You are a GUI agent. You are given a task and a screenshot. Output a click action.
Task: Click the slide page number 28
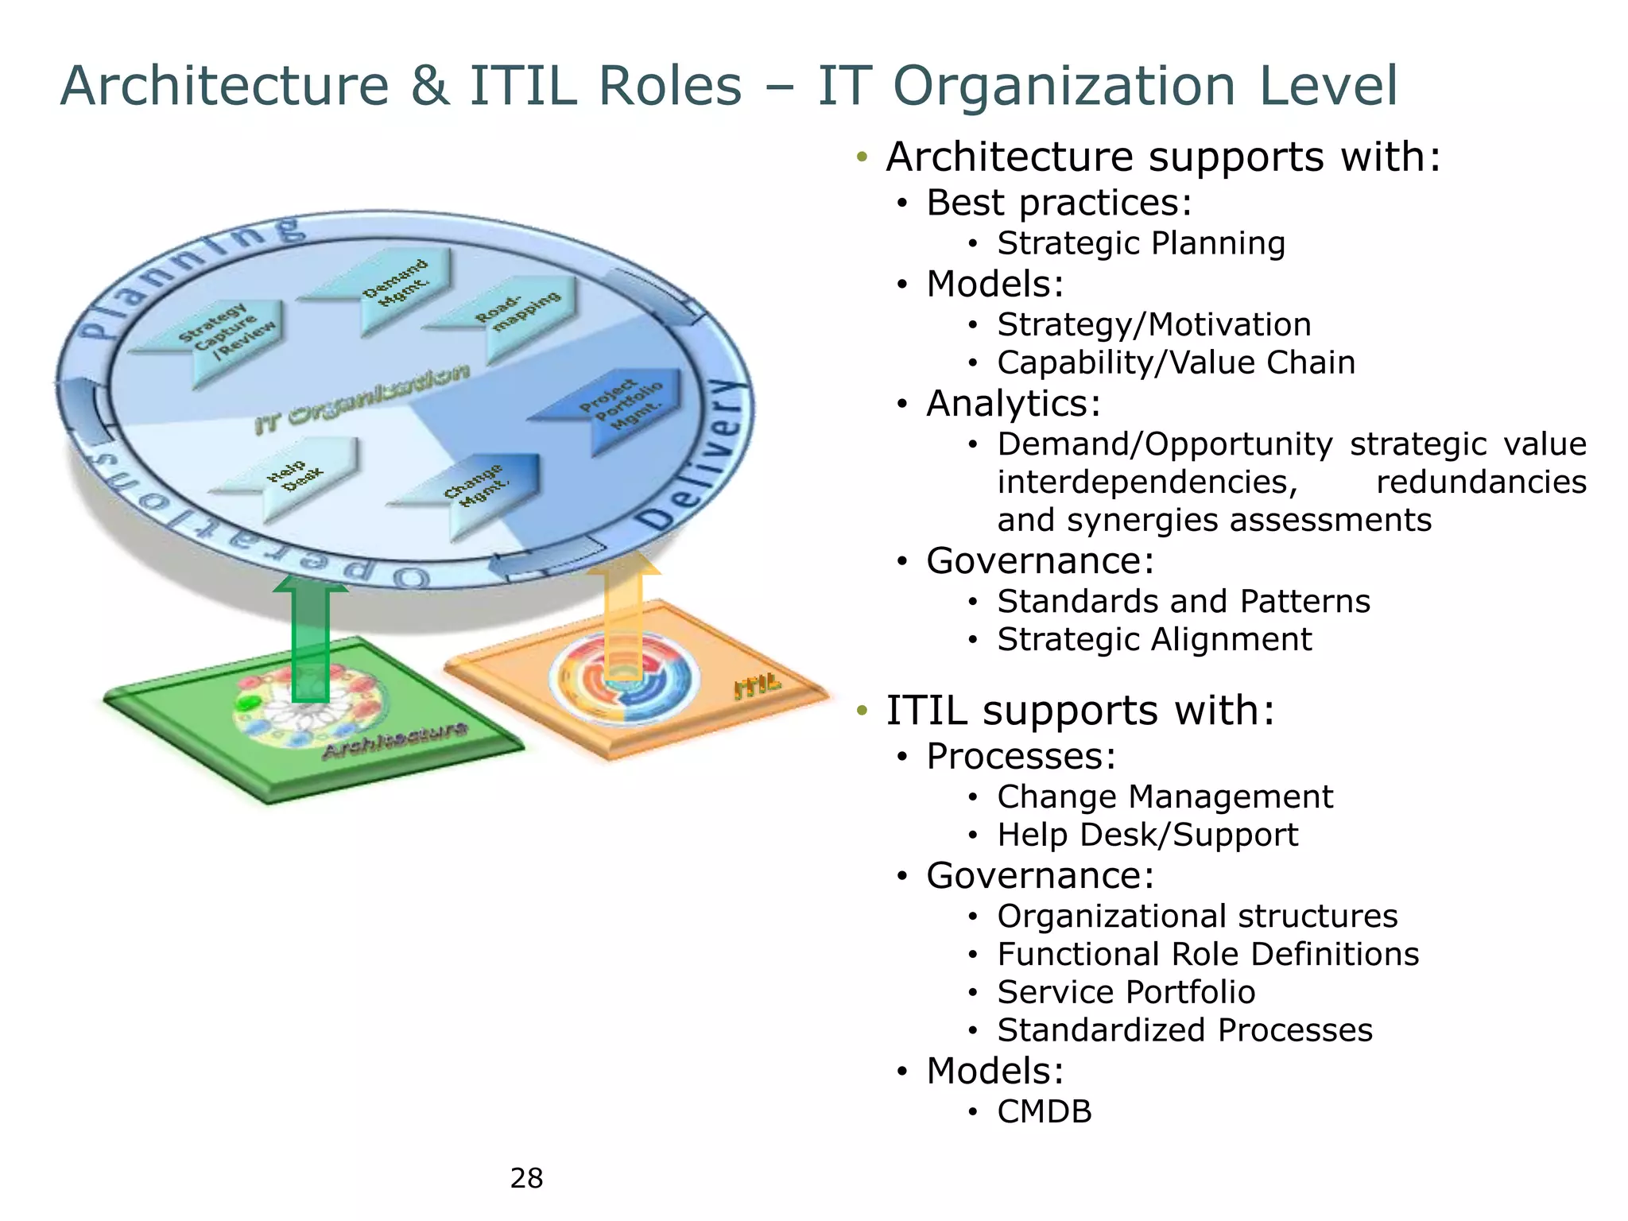tap(526, 1177)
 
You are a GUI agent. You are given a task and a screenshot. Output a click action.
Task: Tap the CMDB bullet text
tap(1045, 1111)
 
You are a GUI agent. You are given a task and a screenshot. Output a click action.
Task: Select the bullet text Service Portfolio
tap(1126, 992)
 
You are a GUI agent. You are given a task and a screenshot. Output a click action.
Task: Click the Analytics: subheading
tap(1014, 403)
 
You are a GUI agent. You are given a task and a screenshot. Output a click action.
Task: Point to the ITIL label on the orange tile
tap(757, 685)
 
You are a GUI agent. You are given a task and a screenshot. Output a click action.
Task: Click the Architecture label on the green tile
tap(395, 739)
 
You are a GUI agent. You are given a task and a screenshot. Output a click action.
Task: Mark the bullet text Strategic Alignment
tap(1154, 639)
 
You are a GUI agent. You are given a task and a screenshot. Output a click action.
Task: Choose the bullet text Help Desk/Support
tap(1147, 835)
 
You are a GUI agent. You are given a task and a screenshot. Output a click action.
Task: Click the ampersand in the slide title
tap(429, 86)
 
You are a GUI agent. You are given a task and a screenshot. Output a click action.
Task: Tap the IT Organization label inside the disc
tap(362, 397)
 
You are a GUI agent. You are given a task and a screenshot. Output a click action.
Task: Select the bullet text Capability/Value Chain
tap(1176, 362)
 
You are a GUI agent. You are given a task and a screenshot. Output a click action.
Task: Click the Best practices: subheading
tap(1059, 203)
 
